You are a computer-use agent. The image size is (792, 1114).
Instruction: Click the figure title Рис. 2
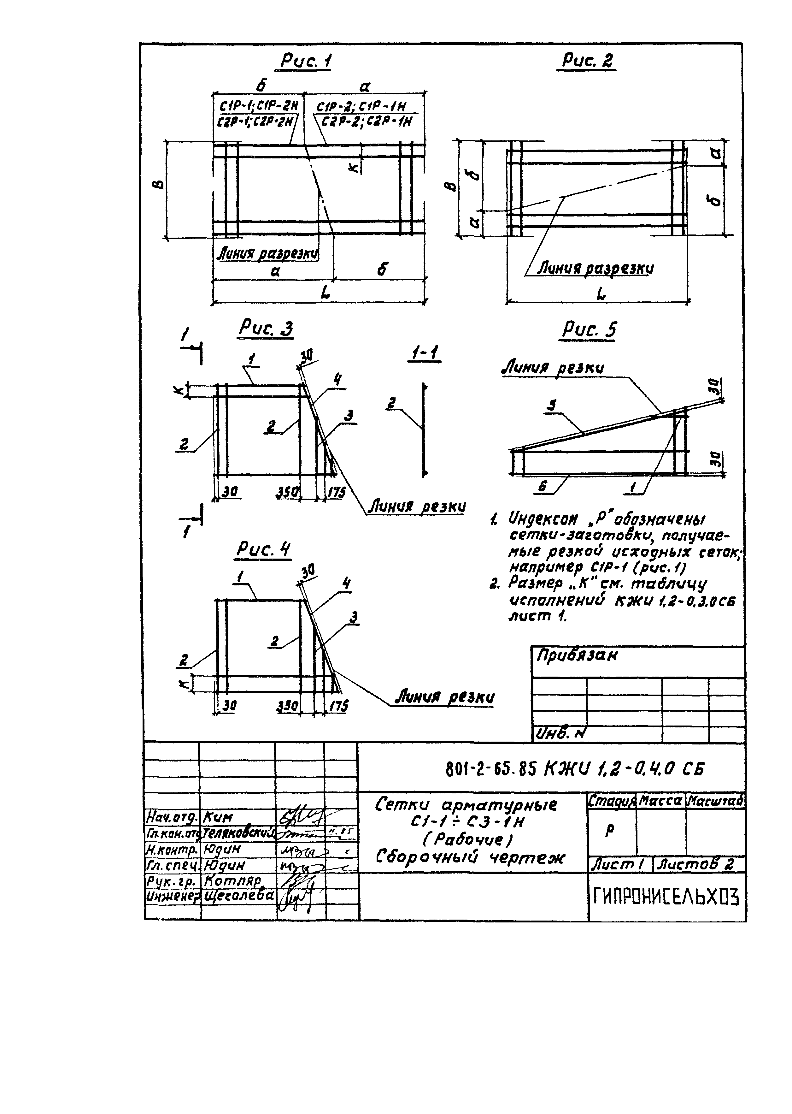pos(587,61)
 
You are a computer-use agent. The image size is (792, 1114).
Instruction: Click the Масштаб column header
pos(715,800)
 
